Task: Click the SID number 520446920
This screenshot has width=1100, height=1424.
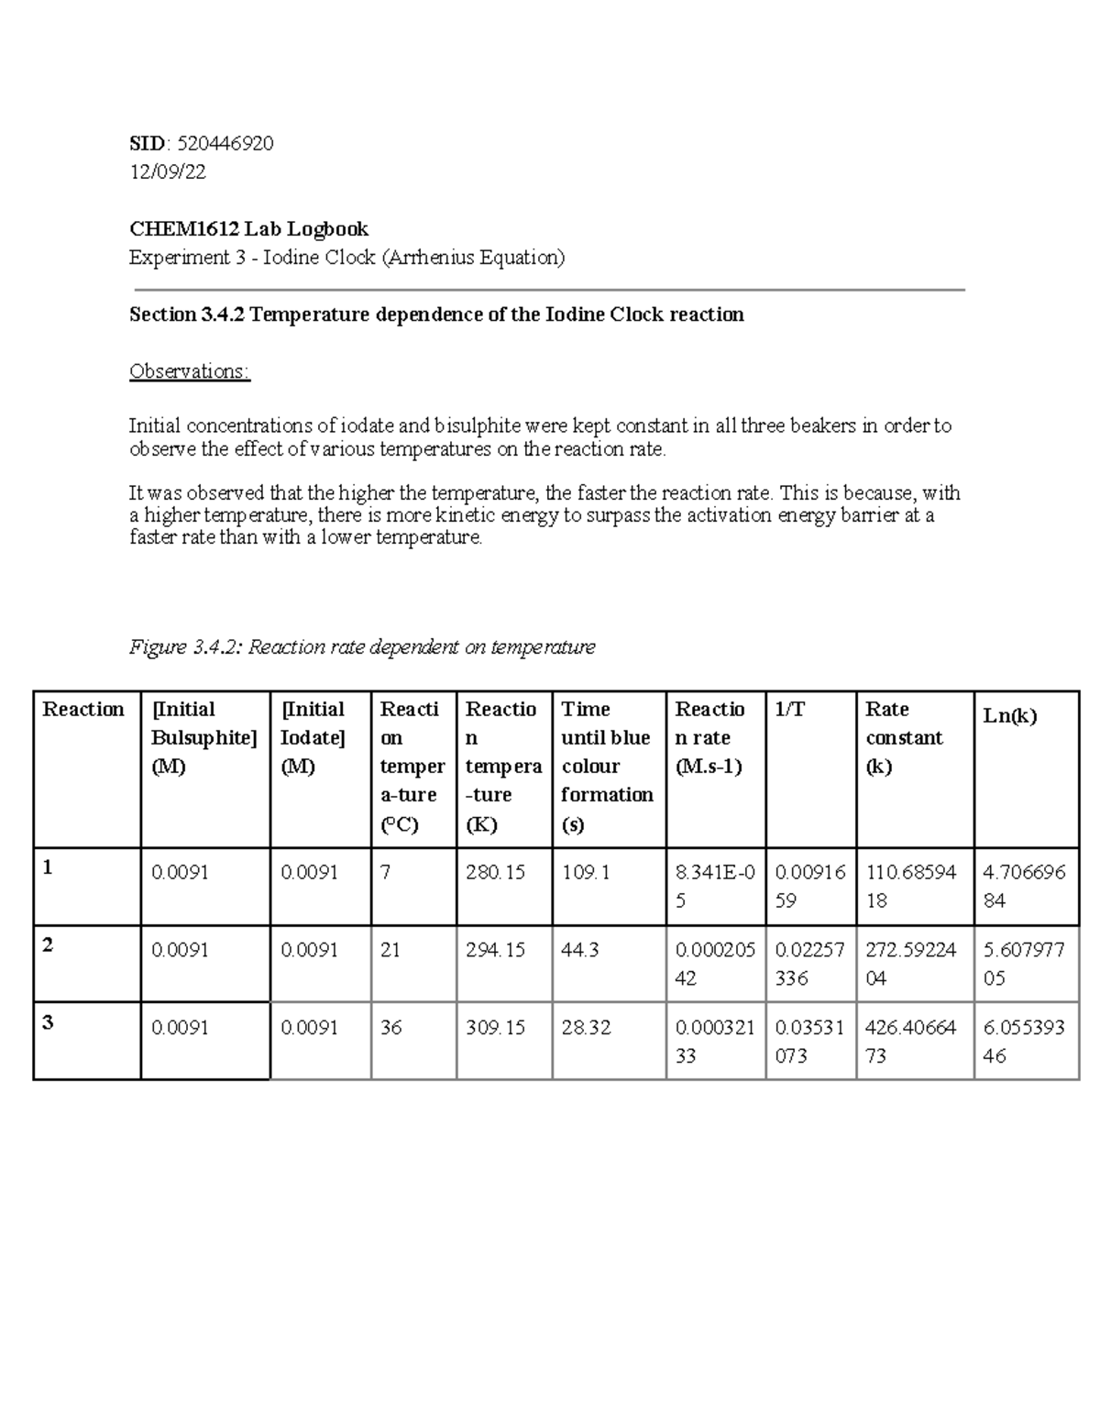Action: coord(225,144)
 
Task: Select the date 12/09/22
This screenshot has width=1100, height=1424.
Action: coord(168,171)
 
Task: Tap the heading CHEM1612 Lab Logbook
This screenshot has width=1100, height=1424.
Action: coord(248,228)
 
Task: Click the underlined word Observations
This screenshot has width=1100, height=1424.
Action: coord(189,371)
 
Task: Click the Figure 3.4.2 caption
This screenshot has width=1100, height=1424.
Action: coord(362,647)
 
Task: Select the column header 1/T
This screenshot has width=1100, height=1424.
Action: coord(790,710)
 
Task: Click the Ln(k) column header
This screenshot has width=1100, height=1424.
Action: coord(1009,716)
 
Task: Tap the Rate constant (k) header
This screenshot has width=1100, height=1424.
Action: coord(904,737)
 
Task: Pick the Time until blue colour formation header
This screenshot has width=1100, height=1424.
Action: coord(607,766)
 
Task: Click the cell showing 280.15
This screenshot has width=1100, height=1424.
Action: coord(495,873)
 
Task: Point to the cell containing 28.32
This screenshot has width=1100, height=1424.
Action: coord(586,1028)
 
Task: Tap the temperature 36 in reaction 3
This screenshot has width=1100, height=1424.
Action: coord(391,1028)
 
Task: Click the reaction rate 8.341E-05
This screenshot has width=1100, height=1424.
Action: coord(715,886)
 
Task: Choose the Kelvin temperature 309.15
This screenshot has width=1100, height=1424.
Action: coord(495,1028)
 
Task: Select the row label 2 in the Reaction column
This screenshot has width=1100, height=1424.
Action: coord(48,945)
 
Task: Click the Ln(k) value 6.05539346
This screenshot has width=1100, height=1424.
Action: coord(1023,1042)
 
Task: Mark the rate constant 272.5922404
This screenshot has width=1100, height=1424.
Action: coord(910,964)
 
